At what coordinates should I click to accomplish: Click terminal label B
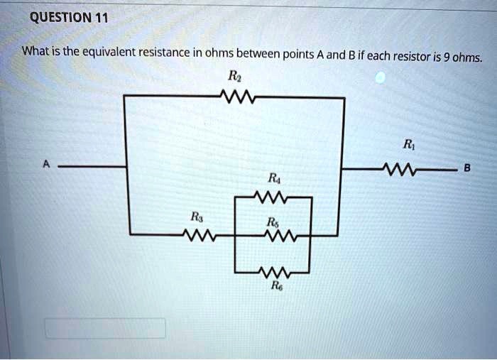pyautogui.click(x=466, y=168)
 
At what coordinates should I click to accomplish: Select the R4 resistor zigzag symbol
pyautogui.click(x=272, y=197)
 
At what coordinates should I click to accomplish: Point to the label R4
pyautogui.click(x=273, y=179)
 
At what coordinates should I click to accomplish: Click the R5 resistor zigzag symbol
pyautogui.click(x=274, y=234)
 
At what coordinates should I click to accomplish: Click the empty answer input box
pyautogui.click(x=105, y=328)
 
